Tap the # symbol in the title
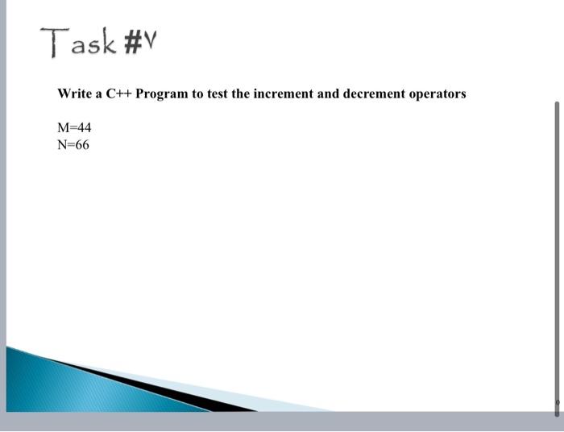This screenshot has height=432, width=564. pyautogui.click(x=132, y=41)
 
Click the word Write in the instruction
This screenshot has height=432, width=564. pyautogui.click(x=75, y=93)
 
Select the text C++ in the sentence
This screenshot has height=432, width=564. pyautogui.click(x=118, y=93)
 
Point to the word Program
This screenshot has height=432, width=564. pyautogui.click(x=161, y=94)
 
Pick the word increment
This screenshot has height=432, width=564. pyautogui.click(x=283, y=93)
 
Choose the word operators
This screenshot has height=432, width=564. pyautogui.click(x=438, y=93)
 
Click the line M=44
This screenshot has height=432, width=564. pyautogui.click(x=74, y=127)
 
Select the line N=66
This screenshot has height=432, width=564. pyautogui.click(x=73, y=145)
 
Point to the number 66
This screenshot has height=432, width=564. pyautogui.click(x=81, y=145)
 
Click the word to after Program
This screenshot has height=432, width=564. pyautogui.click(x=197, y=93)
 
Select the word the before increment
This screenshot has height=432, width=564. pyautogui.click(x=241, y=93)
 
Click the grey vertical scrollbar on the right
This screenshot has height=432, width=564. pyautogui.click(x=556, y=242)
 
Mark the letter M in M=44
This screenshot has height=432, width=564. pyautogui.click(x=63, y=127)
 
